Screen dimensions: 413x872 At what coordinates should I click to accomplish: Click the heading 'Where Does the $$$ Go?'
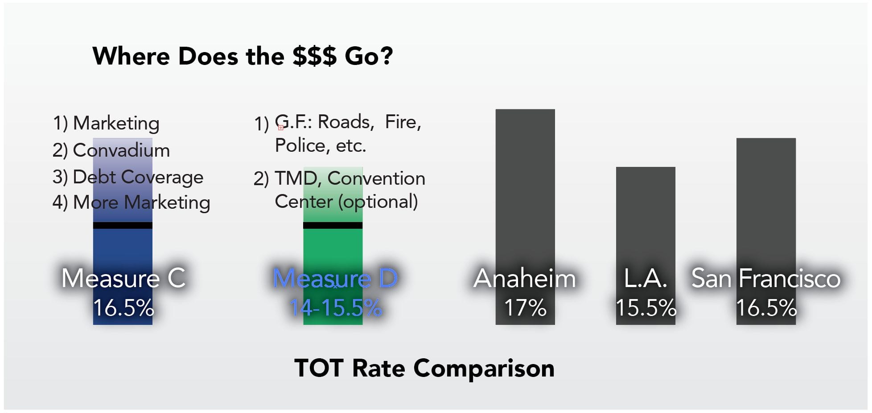tap(243, 56)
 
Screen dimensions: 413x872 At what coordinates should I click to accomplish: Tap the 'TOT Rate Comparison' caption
tap(424, 368)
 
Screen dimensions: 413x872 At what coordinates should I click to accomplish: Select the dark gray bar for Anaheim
tap(525, 187)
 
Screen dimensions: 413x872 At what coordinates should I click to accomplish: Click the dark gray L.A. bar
tap(645, 214)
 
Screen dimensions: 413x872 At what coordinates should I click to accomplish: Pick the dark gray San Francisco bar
tap(765, 200)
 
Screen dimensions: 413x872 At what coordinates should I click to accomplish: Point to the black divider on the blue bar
tap(123, 226)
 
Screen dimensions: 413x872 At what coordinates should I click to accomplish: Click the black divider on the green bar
tap(333, 226)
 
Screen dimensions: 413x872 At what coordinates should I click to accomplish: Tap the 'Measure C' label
tap(123, 278)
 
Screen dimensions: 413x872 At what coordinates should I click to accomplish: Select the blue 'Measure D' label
tap(335, 278)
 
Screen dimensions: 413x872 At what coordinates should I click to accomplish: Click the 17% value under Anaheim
tap(525, 308)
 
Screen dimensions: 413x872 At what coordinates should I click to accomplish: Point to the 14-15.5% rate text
tap(336, 308)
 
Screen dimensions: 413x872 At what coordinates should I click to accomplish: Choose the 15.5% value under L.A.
tap(646, 308)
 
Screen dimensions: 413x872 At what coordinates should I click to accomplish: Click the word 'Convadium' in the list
tap(121, 150)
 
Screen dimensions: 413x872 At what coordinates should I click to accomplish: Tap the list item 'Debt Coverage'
tap(138, 177)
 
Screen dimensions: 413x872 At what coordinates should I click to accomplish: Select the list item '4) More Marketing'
tap(131, 202)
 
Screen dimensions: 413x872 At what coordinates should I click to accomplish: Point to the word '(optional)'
tap(378, 202)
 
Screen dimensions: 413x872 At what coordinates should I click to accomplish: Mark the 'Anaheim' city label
tap(525, 278)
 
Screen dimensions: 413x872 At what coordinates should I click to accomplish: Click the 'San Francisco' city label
tap(765, 278)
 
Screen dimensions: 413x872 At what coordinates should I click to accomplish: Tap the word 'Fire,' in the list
tap(403, 122)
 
